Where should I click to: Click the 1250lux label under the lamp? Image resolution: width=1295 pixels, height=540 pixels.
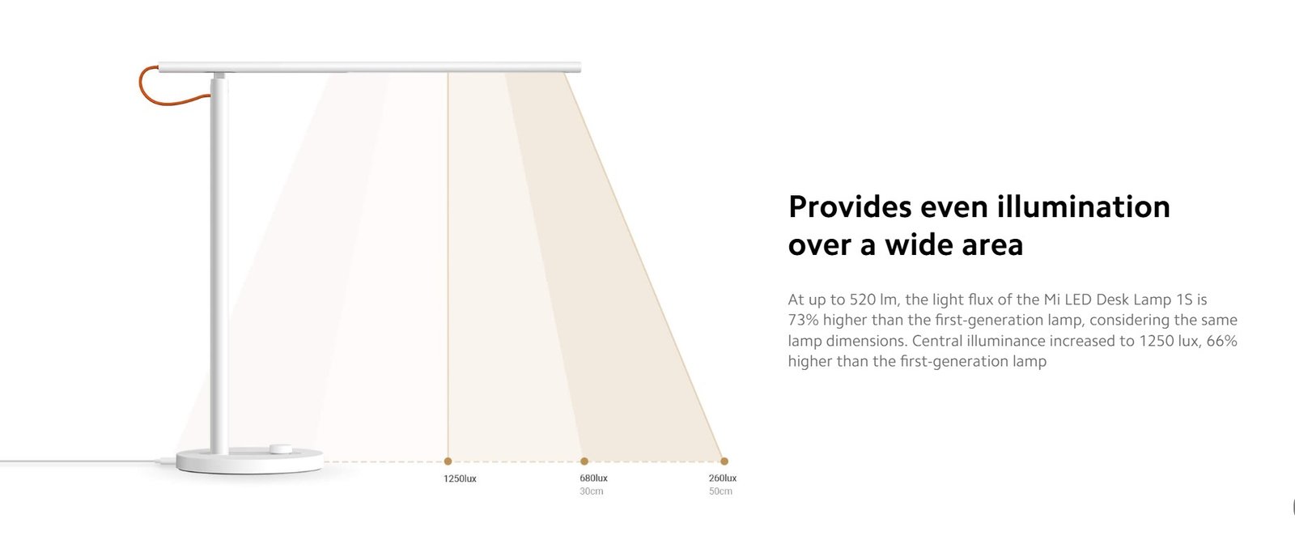pos(460,478)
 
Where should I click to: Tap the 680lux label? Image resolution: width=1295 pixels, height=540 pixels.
pos(593,478)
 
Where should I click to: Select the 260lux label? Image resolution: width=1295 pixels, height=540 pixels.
pos(722,478)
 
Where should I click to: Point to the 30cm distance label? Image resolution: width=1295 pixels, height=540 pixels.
pos(591,491)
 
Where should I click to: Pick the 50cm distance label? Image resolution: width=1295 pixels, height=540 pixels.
pos(720,491)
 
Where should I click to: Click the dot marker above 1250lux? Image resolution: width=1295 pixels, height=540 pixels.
pos(448,461)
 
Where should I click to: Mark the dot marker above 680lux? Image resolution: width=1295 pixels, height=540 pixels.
pos(584,461)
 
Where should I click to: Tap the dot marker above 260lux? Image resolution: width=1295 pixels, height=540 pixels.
pos(724,461)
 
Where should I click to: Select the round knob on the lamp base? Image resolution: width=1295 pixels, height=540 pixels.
pos(281,449)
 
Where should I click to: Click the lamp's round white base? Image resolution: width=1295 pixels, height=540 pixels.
pos(250,461)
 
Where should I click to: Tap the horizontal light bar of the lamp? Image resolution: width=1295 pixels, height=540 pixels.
pos(369,67)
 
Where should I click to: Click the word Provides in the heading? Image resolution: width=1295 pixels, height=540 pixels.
pos(850,207)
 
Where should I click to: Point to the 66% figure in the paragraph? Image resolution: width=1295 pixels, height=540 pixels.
pos(1221,341)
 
